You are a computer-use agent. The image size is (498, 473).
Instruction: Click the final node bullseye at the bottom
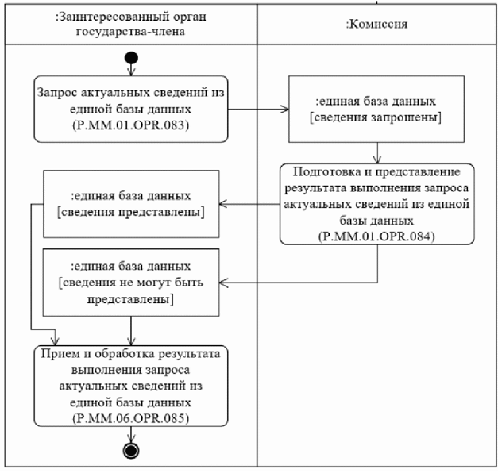coord(131,451)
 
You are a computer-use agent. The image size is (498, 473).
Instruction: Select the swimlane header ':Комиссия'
coord(378,24)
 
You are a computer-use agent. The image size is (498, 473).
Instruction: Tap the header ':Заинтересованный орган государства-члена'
coord(130,24)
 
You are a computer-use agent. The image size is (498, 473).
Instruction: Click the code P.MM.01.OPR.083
coord(131,124)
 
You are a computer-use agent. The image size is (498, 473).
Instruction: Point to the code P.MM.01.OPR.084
coord(377,236)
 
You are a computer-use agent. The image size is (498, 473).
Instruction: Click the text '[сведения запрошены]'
coord(377,118)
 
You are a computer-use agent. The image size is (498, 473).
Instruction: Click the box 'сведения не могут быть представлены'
coord(130,281)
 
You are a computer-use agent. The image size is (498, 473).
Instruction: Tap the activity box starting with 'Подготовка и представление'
coord(377,203)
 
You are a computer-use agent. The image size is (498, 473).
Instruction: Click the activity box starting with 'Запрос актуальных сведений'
coord(131,108)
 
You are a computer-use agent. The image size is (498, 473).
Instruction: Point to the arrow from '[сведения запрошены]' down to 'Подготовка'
coord(378,152)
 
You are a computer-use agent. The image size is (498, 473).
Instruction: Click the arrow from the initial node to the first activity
coord(131,69)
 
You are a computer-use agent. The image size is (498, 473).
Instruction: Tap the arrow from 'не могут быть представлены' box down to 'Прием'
coord(131,329)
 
